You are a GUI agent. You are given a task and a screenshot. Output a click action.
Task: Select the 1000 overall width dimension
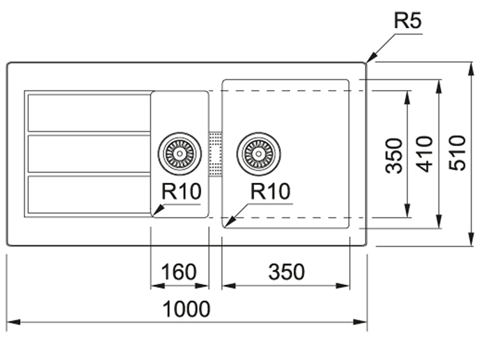point(187,309)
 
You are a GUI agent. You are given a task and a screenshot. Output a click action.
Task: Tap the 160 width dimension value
point(179,272)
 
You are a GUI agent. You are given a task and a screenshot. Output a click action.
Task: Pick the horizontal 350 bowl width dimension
point(286,272)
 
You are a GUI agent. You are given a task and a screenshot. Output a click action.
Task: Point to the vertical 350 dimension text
point(394,155)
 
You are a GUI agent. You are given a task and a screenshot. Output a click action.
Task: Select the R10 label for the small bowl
point(181,191)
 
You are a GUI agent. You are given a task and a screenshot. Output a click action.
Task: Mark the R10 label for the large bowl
point(271,191)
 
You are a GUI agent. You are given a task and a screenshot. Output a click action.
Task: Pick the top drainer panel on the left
point(89,113)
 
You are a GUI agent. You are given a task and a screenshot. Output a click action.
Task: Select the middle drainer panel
point(89,153)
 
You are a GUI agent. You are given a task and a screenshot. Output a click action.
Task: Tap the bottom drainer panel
point(89,194)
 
